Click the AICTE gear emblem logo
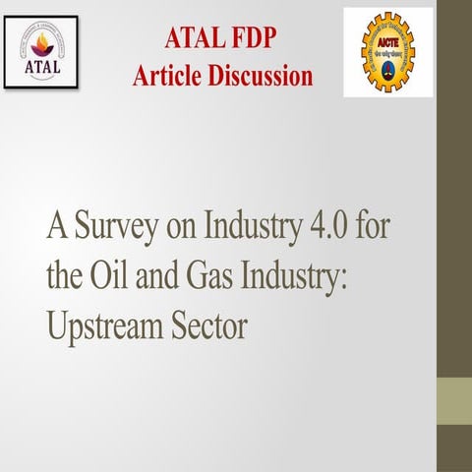[x=388, y=51]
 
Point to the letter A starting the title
[x=55, y=228]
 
